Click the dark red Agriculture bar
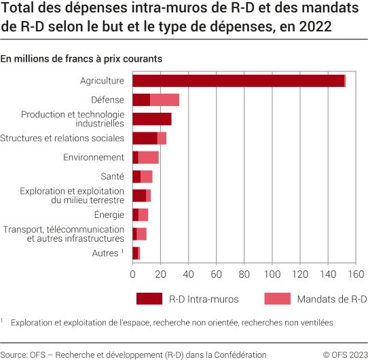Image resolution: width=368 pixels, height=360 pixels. point(238,81)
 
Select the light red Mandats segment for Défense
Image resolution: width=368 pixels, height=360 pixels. point(164,100)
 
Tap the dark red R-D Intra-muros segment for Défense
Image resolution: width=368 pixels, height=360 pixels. point(141,100)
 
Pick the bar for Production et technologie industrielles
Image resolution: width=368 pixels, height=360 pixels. point(151,119)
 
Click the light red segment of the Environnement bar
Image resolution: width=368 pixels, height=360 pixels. point(149,158)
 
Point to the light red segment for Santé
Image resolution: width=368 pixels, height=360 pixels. point(146,177)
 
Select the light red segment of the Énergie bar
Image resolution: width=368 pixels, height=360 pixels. point(143,215)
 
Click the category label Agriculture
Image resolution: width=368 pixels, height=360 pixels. point(102,81)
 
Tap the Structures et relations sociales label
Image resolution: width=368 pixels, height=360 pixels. point(62,138)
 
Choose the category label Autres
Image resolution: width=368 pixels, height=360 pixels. point(105,253)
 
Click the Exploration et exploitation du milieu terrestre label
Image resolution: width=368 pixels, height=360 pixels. point(72,196)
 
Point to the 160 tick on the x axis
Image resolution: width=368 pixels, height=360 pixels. point(356,274)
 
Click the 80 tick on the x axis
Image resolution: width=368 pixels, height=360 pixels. point(244,274)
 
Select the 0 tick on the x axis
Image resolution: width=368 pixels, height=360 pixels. point(132,274)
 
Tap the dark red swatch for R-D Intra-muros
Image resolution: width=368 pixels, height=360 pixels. point(149,299)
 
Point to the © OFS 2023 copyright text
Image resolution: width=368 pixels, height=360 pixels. point(345,354)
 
